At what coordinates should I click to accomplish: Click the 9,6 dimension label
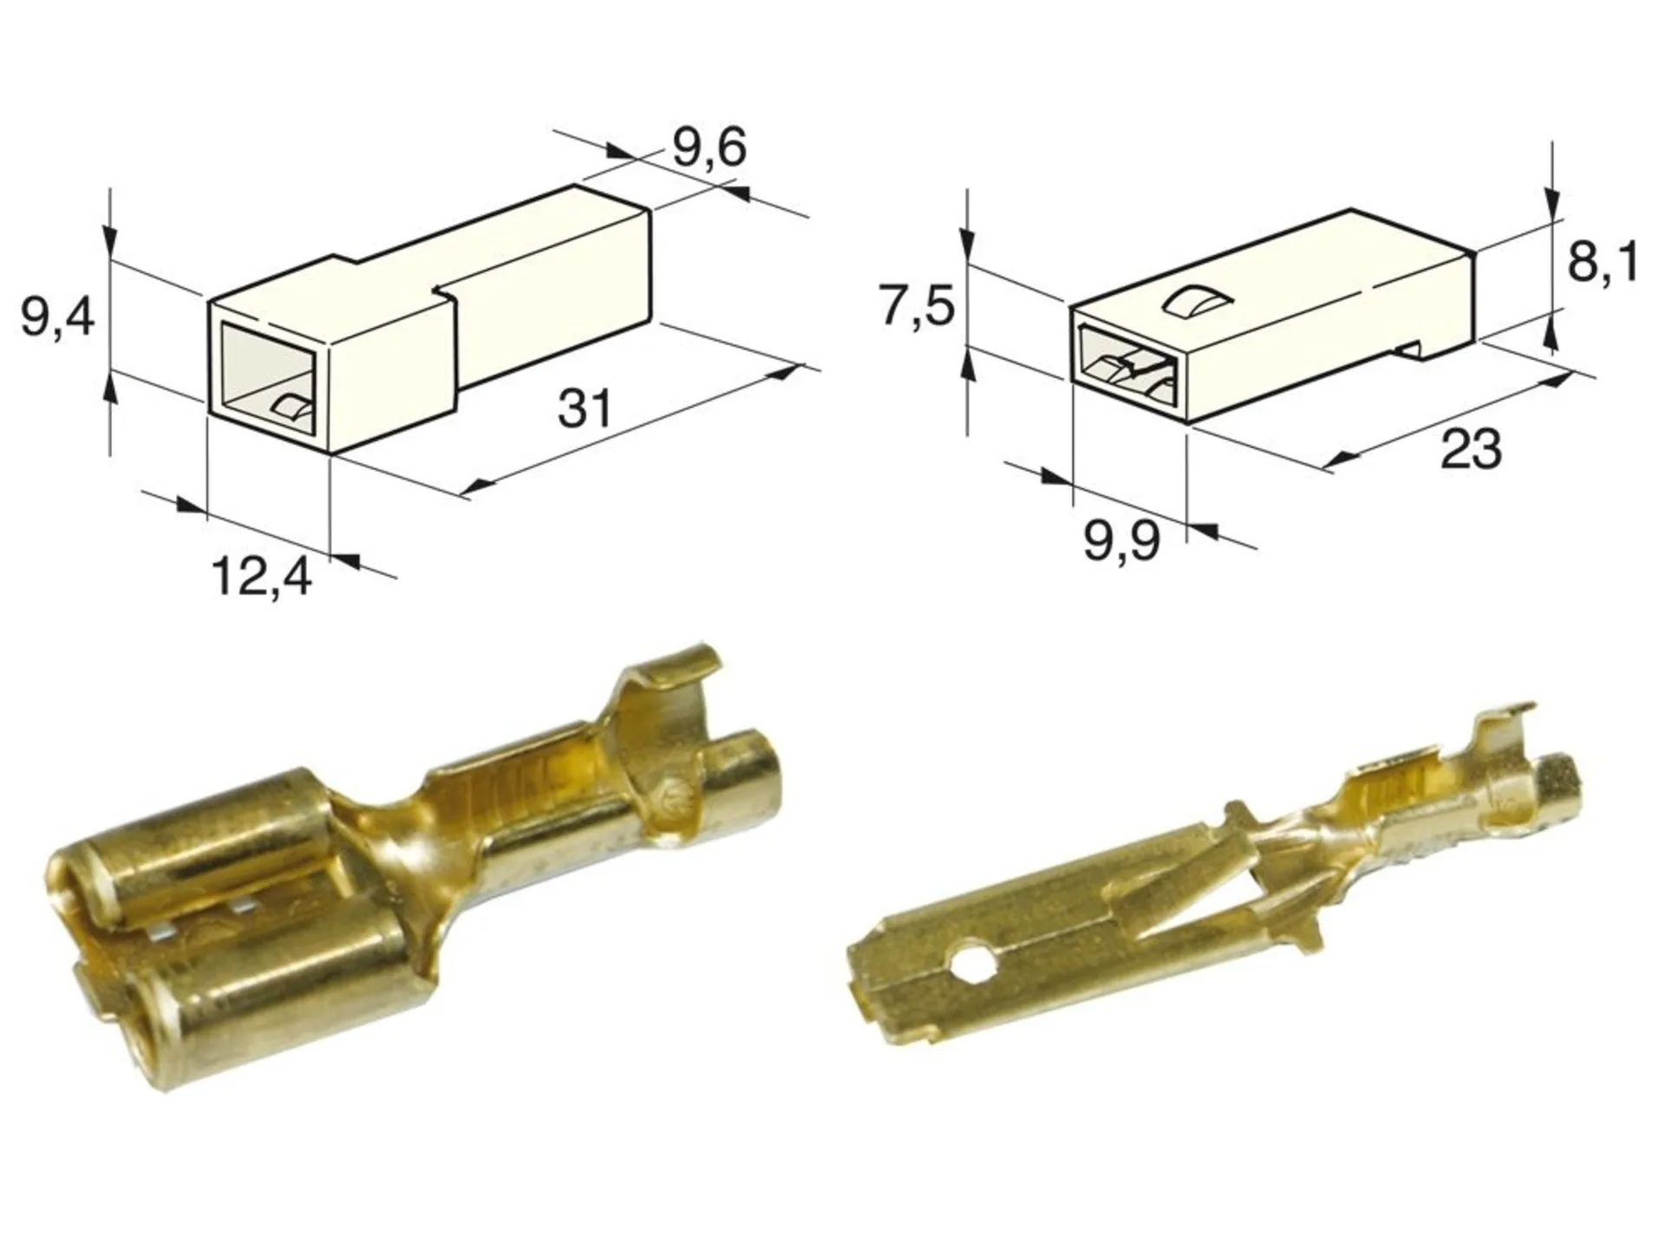click(708, 149)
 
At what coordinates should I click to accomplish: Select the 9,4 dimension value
click(57, 319)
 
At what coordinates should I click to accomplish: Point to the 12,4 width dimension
click(261, 575)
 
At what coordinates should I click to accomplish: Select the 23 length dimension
click(1471, 448)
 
